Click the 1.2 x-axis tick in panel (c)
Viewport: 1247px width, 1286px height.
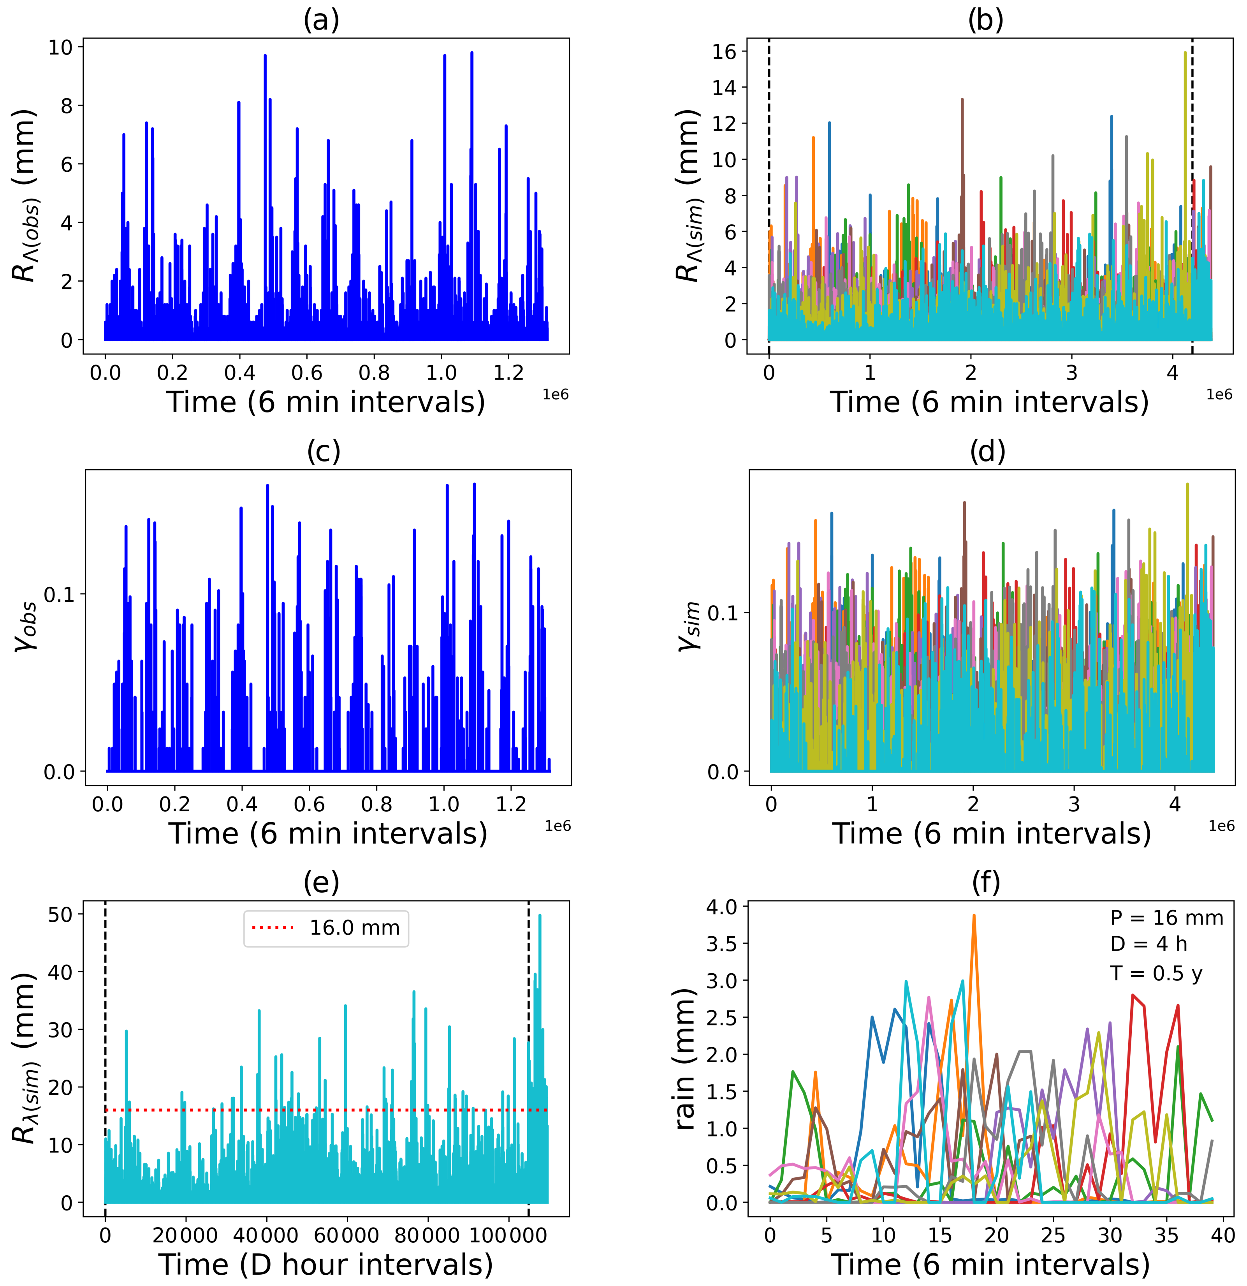[512, 804]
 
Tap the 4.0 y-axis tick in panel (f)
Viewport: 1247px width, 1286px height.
[722, 906]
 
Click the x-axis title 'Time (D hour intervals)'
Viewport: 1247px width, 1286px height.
[326, 1264]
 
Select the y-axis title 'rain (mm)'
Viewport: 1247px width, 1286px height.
[685, 1059]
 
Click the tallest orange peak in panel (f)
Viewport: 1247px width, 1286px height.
[974, 915]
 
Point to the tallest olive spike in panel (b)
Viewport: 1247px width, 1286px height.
[1185, 53]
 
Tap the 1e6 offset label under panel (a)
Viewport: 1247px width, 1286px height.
[555, 395]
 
